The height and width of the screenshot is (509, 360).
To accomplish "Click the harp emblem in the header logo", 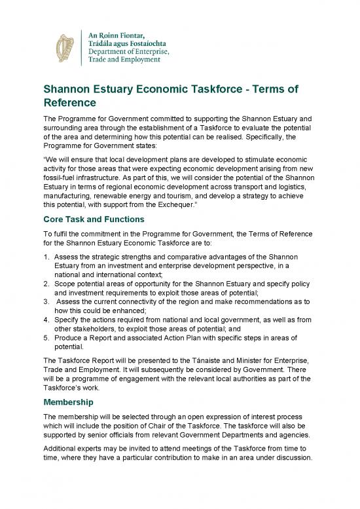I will pyautogui.click(x=64, y=45).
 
